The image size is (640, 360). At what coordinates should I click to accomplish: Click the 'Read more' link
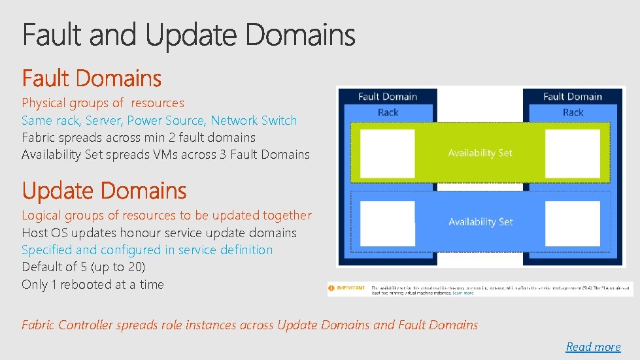(593, 347)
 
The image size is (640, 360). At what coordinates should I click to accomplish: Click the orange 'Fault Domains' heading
(92, 79)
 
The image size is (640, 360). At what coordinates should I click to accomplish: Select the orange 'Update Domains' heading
(104, 191)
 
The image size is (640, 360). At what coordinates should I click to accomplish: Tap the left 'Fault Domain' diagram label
(388, 97)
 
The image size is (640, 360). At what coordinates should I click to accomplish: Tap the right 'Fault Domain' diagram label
(573, 97)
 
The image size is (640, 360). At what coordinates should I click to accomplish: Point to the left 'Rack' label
(388, 112)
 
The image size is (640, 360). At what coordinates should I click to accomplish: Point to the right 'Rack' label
(573, 112)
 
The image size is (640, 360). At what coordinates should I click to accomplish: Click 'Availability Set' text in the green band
(480, 153)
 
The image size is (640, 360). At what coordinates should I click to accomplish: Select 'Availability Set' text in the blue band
(480, 222)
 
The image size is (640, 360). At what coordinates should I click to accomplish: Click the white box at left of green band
(388, 154)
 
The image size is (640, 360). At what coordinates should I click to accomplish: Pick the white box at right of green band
(573, 154)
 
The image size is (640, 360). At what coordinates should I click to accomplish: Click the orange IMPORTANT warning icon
(332, 287)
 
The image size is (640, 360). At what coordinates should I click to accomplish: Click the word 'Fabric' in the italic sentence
(38, 325)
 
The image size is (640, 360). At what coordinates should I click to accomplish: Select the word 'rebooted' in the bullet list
(84, 284)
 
